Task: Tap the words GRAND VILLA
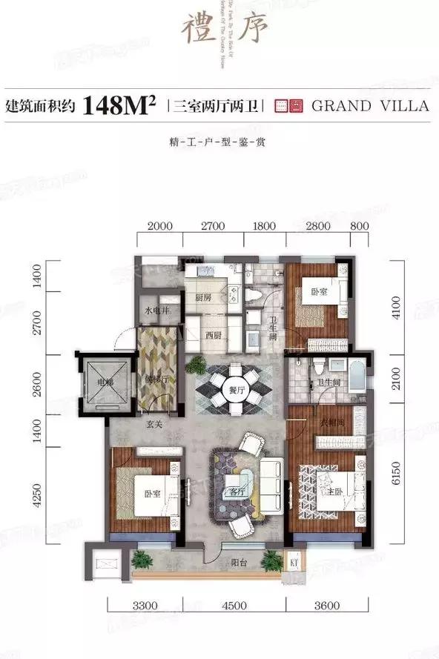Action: tap(371, 105)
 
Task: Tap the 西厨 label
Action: tap(214, 335)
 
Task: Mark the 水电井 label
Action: tap(158, 311)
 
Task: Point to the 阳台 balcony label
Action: tap(236, 563)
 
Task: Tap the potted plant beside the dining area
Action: tap(197, 364)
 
